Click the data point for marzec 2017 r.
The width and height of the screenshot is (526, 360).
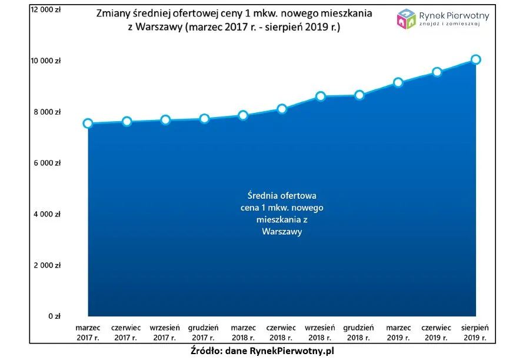click(x=88, y=124)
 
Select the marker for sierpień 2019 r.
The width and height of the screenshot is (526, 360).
click(x=476, y=59)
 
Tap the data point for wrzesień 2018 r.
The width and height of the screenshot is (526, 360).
click(x=321, y=96)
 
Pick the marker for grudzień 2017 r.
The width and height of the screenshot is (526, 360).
click(x=204, y=119)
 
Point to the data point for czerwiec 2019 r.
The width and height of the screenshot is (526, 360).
click(x=437, y=72)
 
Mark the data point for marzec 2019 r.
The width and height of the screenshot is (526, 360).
click(x=398, y=82)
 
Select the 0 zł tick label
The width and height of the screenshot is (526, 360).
click(x=54, y=316)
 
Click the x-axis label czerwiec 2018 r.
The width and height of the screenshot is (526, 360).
click(x=282, y=332)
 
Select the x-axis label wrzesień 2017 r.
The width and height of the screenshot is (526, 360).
click(x=165, y=332)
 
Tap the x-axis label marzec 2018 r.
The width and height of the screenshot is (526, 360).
click(x=243, y=332)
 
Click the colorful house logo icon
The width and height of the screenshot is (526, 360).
click(x=407, y=19)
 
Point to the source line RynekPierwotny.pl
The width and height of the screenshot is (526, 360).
click(x=262, y=350)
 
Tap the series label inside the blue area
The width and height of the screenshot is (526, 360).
click(x=282, y=213)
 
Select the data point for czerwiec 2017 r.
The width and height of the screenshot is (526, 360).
click(x=126, y=122)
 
